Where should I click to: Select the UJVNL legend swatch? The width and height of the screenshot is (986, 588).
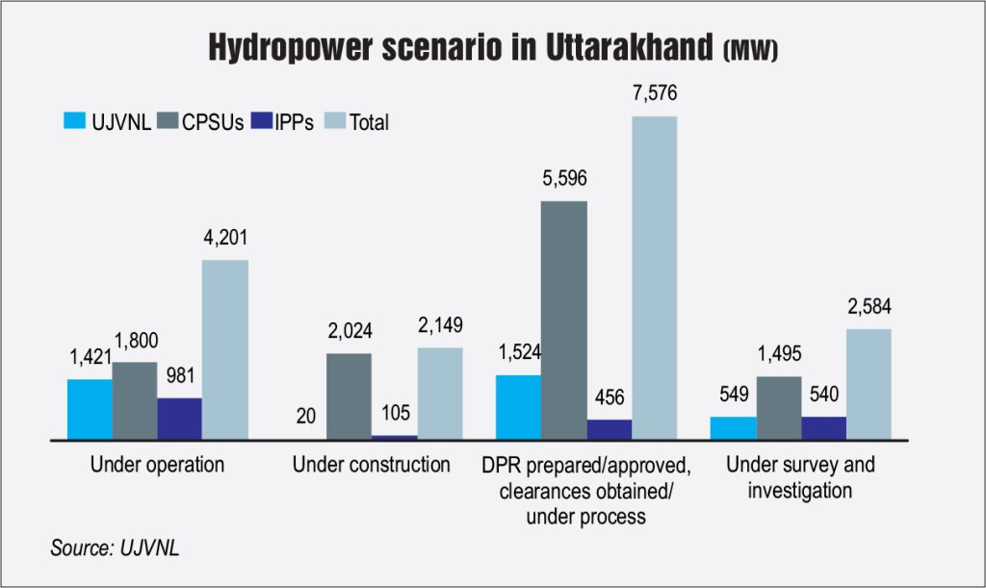(x=75, y=122)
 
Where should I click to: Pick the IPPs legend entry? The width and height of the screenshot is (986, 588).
(x=272, y=122)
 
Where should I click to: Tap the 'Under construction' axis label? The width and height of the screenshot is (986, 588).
(x=371, y=465)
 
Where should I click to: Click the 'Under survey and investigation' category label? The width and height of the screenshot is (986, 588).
(x=801, y=477)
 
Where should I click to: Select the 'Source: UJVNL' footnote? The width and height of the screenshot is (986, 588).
(x=115, y=549)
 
